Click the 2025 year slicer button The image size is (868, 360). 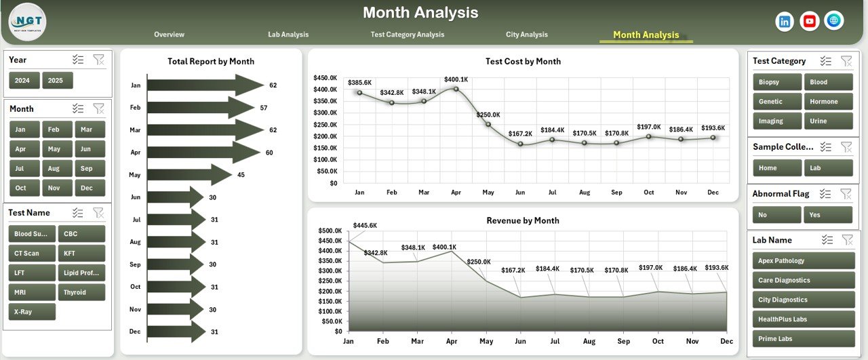pos(58,80)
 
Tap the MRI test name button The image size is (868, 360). pos(32,292)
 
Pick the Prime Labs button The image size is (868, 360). pos(804,338)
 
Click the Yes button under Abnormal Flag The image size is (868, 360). pos(828,215)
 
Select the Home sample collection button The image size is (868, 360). pos(776,168)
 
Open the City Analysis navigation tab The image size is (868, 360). pos(526,35)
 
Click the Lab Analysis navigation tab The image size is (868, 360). pos(288,35)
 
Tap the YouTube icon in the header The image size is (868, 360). pos(809,22)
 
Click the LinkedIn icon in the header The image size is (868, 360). pos(785,22)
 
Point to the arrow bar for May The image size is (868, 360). pos(190,175)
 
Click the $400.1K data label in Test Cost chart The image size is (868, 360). pos(456,79)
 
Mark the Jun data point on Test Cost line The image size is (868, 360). pos(520,144)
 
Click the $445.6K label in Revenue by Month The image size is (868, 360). pos(365,225)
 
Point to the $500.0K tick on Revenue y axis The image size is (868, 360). pos(330,231)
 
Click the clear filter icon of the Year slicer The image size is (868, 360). pos(99,60)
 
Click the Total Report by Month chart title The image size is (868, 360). pos(211,62)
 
